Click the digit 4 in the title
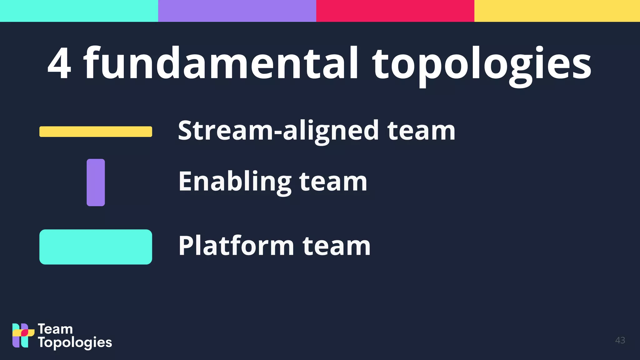(59, 63)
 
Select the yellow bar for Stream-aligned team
(96, 132)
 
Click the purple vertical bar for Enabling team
(96, 182)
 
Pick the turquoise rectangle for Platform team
(96, 247)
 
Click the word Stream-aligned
(278, 131)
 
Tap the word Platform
(236, 246)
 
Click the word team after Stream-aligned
(421, 131)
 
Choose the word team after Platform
(337, 246)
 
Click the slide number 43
(620, 340)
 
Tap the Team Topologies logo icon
(23, 335)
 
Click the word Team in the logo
(55, 329)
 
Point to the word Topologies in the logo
(75, 343)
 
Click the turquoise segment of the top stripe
(79, 11)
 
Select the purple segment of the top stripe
(237, 11)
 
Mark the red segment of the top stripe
(395, 11)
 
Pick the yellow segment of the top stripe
(557, 11)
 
